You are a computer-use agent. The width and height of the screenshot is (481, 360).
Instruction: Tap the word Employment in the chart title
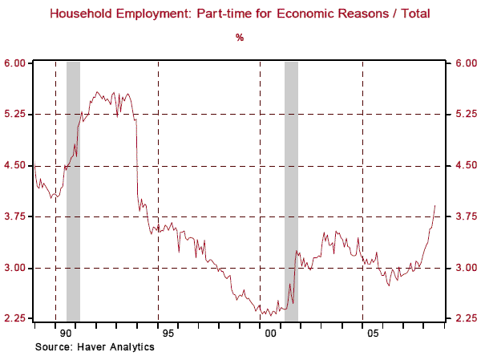168,14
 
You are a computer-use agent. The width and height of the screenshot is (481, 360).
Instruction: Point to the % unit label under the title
240,37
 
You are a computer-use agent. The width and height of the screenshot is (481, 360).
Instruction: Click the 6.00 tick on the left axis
17,63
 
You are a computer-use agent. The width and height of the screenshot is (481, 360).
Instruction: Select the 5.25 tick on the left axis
17,115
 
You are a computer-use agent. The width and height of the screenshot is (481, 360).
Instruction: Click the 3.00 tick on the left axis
17,268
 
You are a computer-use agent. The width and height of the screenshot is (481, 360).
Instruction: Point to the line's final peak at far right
435,206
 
